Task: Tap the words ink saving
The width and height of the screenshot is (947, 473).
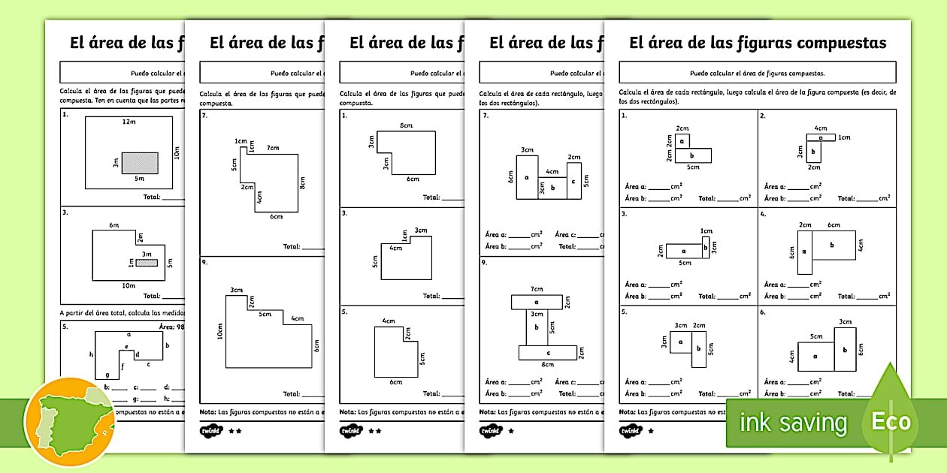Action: tap(794, 423)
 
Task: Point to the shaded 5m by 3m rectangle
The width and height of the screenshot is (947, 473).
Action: tap(141, 163)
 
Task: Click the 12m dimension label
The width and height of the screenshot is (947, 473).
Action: tap(129, 122)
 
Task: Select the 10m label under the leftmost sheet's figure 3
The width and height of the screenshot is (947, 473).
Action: tap(129, 285)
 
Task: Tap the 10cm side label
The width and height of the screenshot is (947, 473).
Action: tap(220, 331)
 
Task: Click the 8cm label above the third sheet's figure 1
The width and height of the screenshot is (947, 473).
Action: tap(406, 125)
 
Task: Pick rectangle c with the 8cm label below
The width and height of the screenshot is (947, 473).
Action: tap(548, 352)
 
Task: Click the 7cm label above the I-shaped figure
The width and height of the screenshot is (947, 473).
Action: tap(537, 289)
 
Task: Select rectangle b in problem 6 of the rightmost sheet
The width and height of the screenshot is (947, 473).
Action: tap(845, 349)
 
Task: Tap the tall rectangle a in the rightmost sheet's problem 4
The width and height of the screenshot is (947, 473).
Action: tap(804, 252)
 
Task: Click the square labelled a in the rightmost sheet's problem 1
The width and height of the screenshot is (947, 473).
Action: tap(682, 140)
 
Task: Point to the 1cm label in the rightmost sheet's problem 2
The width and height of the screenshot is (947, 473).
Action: tap(845, 137)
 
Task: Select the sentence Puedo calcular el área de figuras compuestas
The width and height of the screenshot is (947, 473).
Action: tap(757, 74)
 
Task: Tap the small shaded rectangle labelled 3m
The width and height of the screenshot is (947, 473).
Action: tap(147, 263)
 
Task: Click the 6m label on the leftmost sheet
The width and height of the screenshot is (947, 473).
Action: tap(113, 225)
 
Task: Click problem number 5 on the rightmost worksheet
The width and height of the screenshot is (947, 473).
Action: tap(624, 311)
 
